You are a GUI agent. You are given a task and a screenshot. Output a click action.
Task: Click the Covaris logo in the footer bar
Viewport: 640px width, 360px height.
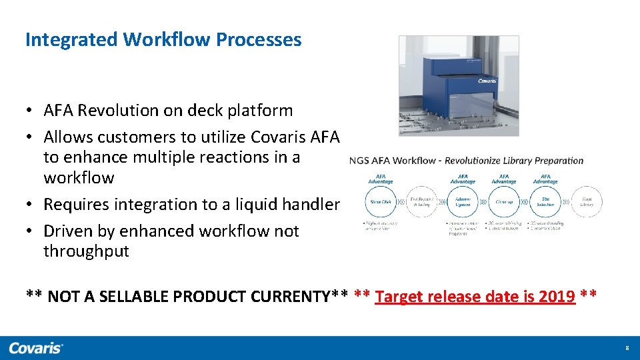click(36, 348)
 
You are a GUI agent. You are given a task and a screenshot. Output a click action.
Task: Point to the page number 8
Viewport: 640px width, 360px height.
click(627, 349)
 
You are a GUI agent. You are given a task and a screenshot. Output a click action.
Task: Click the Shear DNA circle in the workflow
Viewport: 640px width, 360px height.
click(381, 202)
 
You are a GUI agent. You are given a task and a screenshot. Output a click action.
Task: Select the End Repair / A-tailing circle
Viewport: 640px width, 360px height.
click(421, 202)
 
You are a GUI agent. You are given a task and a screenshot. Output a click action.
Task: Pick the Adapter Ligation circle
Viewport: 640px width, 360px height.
click(463, 202)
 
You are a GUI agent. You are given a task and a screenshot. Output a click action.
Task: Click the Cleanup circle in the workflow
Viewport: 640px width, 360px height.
click(504, 202)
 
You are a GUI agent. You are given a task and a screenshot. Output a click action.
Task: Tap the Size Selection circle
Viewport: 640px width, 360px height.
click(545, 202)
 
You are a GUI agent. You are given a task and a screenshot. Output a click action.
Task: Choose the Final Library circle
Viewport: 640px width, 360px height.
click(587, 202)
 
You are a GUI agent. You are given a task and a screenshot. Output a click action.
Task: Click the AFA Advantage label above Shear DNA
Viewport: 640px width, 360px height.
click(381, 179)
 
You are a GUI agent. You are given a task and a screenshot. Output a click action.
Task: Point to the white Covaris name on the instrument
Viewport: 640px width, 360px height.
click(487, 81)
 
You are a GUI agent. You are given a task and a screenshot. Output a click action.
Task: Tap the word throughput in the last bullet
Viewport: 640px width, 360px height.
click(86, 251)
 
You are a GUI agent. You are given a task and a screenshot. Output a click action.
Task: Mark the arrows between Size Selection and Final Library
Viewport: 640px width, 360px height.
click(566, 202)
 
